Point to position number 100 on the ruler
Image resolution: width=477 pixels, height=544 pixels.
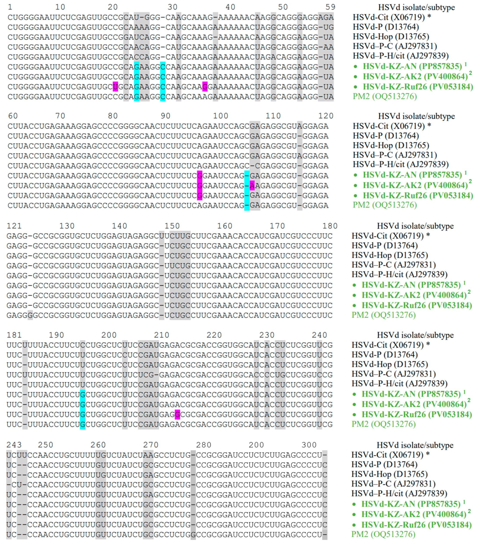(221, 116)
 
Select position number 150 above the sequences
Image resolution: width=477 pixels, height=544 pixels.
(172, 226)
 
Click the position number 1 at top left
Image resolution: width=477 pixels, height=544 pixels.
(10, 7)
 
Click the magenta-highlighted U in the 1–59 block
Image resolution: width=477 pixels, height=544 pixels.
(115, 87)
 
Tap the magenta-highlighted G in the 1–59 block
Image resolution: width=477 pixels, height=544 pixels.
(205, 87)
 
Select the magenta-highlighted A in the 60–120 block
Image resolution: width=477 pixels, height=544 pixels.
(252, 185)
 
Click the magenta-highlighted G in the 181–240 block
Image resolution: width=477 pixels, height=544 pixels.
(177, 415)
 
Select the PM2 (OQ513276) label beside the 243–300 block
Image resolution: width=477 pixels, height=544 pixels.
(383, 534)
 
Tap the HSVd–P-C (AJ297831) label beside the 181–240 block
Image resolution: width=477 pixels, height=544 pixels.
(393, 374)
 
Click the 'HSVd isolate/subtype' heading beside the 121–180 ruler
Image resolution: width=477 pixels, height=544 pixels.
(415, 226)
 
